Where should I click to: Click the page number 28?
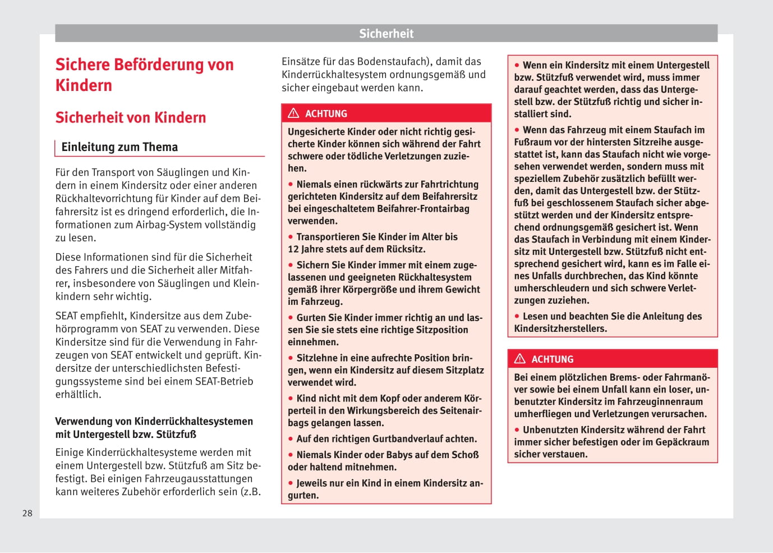pyautogui.click(x=27, y=513)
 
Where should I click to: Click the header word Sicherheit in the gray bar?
pyautogui.click(x=386, y=34)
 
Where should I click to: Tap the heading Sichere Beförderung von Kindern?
pyautogui.click(x=144, y=75)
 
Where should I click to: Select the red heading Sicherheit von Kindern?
pyautogui.click(x=131, y=117)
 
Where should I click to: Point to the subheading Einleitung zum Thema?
pyautogui.click(x=119, y=147)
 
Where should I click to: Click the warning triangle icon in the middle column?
pyautogui.click(x=293, y=113)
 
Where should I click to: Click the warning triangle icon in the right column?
pyautogui.click(x=520, y=359)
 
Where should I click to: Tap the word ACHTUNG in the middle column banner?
pyautogui.click(x=326, y=114)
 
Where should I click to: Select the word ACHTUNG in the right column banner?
pyautogui.click(x=553, y=359)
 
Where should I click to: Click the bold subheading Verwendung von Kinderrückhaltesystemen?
pyautogui.click(x=154, y=422)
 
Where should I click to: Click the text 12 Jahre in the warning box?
pyautogui.click(x=307, y=249)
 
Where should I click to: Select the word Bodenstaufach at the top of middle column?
pyautogui.click(x=390, y=62)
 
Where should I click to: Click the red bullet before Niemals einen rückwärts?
pyautogui.click(x=291, y=184)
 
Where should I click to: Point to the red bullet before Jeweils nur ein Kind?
pyautogui.click(x=291, y=483)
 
